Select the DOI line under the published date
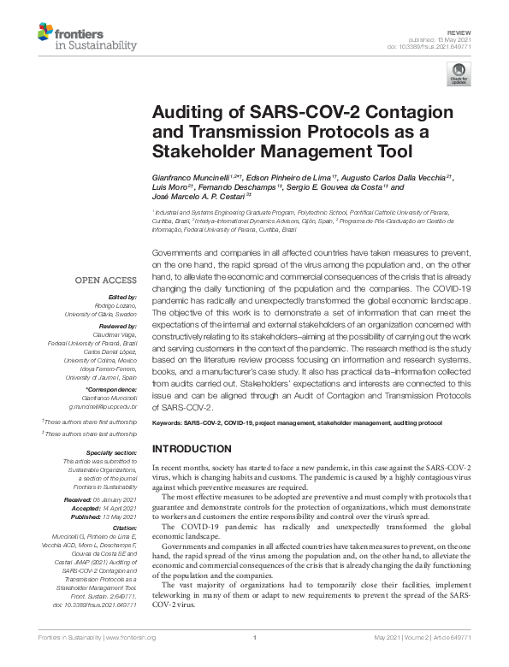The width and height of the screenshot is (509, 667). pos(440,45)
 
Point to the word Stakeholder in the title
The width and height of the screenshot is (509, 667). pos(201,153)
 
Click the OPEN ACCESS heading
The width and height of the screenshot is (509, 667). pos(105,280)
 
